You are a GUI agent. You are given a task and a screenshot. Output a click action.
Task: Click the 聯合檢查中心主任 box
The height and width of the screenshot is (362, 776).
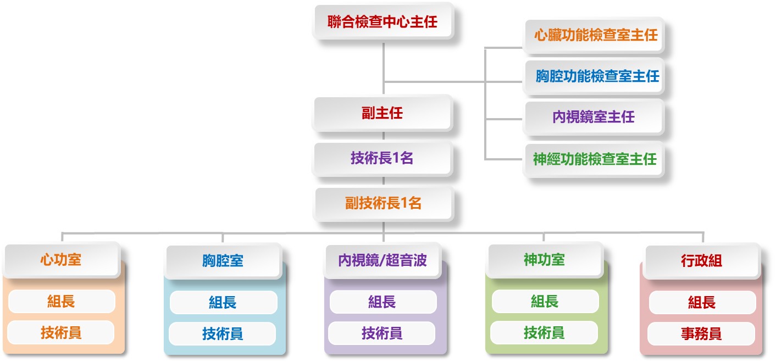click(x=383, y=22)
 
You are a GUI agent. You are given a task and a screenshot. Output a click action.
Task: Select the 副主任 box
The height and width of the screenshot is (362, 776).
click(x=383, y=114)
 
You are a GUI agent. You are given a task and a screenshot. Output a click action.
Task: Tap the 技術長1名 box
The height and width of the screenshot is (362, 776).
click(x=383, y=158)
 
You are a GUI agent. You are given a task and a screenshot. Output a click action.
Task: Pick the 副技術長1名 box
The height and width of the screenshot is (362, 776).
click(x=383, y=203)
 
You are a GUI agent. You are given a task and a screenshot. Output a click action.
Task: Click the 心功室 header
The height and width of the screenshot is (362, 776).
click(x=61, y=260)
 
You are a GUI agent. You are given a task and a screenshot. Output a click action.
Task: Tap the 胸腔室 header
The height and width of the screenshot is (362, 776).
click(x=223, y=261)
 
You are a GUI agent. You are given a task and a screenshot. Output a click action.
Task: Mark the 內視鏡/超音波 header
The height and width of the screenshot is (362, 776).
click(x=383, y=260)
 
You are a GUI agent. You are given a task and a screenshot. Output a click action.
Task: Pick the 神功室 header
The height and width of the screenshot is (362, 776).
click(x=544, y=260)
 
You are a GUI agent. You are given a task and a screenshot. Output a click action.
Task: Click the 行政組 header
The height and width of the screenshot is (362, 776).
click(x=701, y=261)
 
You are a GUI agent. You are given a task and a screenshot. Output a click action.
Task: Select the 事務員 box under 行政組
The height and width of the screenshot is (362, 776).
click(x=701, y=333)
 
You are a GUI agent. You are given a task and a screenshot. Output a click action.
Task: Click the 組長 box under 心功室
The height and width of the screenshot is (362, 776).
click(x=61, y=301)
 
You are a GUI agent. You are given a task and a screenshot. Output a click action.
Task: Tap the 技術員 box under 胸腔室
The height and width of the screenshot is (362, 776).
click(x=223, y=333)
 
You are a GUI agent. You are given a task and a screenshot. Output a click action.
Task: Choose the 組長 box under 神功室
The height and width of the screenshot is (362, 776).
click(x=545, y=301)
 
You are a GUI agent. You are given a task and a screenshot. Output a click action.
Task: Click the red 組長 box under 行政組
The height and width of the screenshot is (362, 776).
click(x=702, y=302)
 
